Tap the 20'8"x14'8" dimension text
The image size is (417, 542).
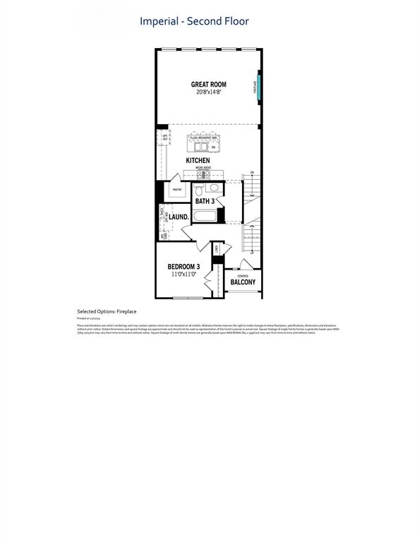[208, 92]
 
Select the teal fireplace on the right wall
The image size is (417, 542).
[259, 88]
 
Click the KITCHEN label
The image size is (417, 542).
[198, 160]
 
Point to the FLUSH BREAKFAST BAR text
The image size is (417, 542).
[203, 138]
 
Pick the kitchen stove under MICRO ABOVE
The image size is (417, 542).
[198, 174]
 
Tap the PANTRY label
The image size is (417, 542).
[176, 189]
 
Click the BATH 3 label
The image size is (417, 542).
[205, 201]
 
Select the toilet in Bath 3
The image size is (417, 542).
[198, 191]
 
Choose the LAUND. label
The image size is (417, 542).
[178, 217]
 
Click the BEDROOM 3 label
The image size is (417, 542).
[183, 266]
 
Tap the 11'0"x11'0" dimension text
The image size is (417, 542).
[183, 274]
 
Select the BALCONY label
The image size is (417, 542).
[243, 282]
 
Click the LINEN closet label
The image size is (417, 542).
[217, 248]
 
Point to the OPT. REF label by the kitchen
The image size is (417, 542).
[164, 137]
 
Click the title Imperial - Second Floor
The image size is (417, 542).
[194, 21]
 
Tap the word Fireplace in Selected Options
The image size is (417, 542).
[127, 311]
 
